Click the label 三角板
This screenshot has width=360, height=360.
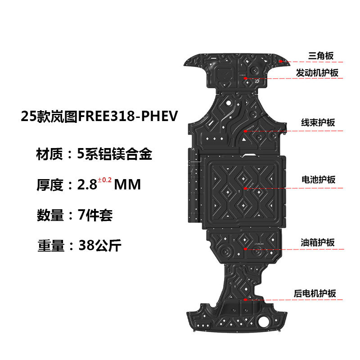321,56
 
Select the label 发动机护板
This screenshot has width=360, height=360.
317,73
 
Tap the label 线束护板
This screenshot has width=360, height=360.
318,122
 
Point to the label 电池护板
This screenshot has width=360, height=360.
318,180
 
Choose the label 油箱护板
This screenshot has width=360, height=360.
318,242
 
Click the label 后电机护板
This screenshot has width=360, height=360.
318,293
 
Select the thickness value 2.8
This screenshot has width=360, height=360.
88,184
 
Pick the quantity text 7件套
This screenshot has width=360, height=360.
95,215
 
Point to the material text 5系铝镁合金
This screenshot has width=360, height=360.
115,154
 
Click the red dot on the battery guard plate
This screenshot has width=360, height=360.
245,188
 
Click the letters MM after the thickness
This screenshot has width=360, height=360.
128,184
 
